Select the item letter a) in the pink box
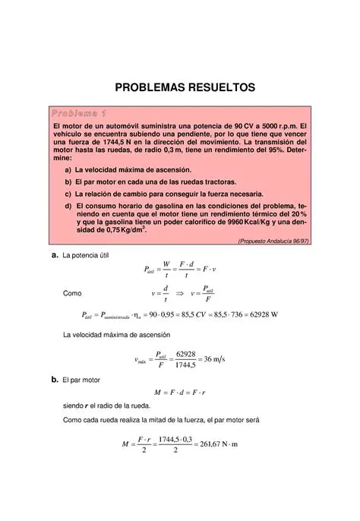pos(68,171)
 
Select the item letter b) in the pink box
pos(68,182)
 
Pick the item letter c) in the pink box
pos(68,194)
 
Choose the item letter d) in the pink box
pos(68,205)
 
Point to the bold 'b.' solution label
pos(55,378)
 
